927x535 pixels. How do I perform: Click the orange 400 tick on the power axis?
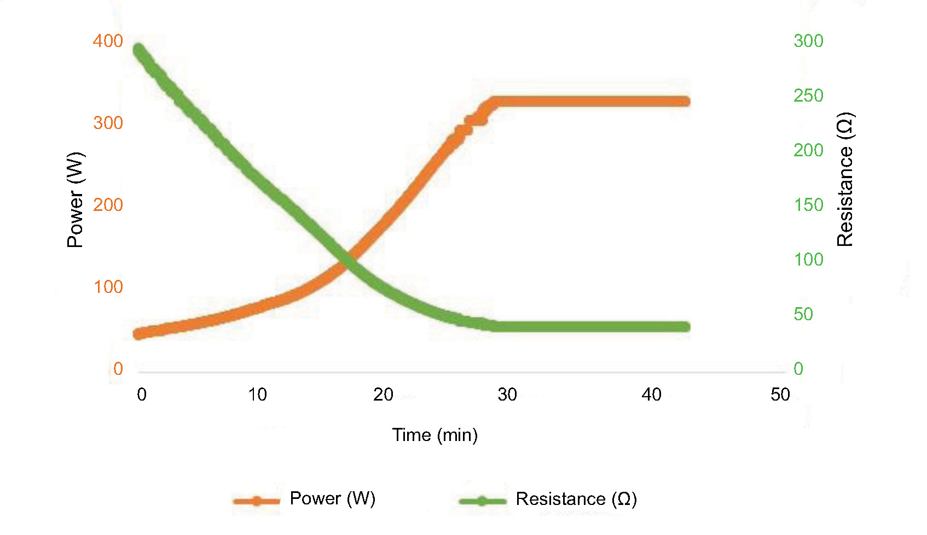coord(108,41)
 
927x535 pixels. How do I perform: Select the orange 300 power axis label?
coord(108,123)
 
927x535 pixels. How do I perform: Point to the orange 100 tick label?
coord(108,287)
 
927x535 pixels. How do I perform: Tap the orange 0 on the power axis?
coord(118,369)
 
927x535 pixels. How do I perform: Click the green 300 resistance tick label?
coord(808,41)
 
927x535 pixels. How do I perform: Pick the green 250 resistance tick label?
coord(808,96)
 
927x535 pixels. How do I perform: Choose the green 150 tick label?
coord(808,205)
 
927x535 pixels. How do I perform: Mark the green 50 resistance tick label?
coord(803,314)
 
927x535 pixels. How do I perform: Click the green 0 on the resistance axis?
coord(798,369)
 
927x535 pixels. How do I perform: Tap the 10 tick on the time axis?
coord(257,395)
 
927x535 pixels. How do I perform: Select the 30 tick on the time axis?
coord(507,395)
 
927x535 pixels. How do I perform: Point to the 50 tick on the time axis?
coord(780,395)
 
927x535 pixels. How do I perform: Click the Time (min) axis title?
coord(434,435)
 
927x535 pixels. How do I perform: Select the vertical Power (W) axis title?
coord(75,200)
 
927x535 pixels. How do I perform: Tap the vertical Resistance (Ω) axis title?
coord(845,179)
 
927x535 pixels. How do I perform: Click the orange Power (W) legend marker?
coord(256,500)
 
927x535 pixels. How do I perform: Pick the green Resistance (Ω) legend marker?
coord(482,500)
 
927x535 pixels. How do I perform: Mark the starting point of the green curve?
coord(139,50)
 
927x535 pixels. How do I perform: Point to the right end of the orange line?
coord(686,101)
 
